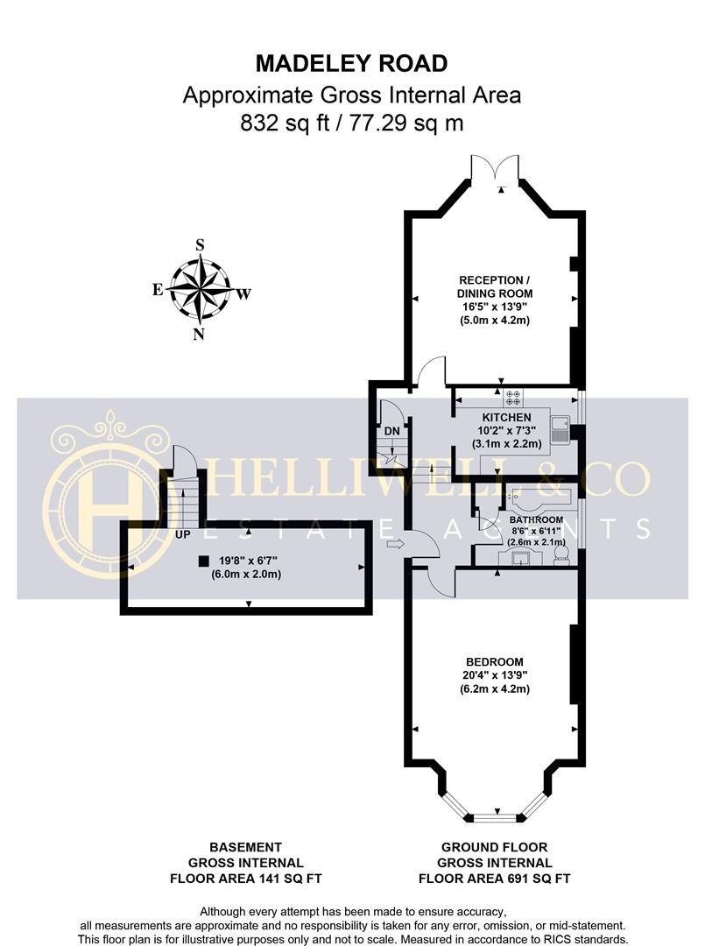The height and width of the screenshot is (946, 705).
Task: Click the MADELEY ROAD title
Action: click(x=351, y=63)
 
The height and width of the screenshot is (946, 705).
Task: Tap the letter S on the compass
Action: click(x=201, y=244)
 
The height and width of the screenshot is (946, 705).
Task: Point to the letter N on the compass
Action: click(x=199, y=335)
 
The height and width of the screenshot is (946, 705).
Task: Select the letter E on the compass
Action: click(x=158, y=290)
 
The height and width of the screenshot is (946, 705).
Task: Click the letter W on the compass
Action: click(x=243, y=294)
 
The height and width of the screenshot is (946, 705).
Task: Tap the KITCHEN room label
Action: click(x=506, y=418)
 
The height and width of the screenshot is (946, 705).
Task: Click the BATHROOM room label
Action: click(x=536, y=519)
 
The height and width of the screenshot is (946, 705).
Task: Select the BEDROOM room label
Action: click(x=495, y=662)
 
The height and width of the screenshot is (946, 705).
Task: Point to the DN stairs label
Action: click(x=392, y=431)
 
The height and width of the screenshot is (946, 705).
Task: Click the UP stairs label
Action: click(x=183, y=534)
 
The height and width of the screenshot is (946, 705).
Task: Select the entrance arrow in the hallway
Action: click(x=395, y=544)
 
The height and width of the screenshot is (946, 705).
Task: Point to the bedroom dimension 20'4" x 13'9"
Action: click(x=495, y=675)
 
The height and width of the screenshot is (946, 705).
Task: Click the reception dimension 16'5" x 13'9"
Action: click(x=495, y=307)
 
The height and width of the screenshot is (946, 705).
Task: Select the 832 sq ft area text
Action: click(x=285, y=124)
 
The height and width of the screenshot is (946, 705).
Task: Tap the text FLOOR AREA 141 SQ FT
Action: click(x=245, y=879)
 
